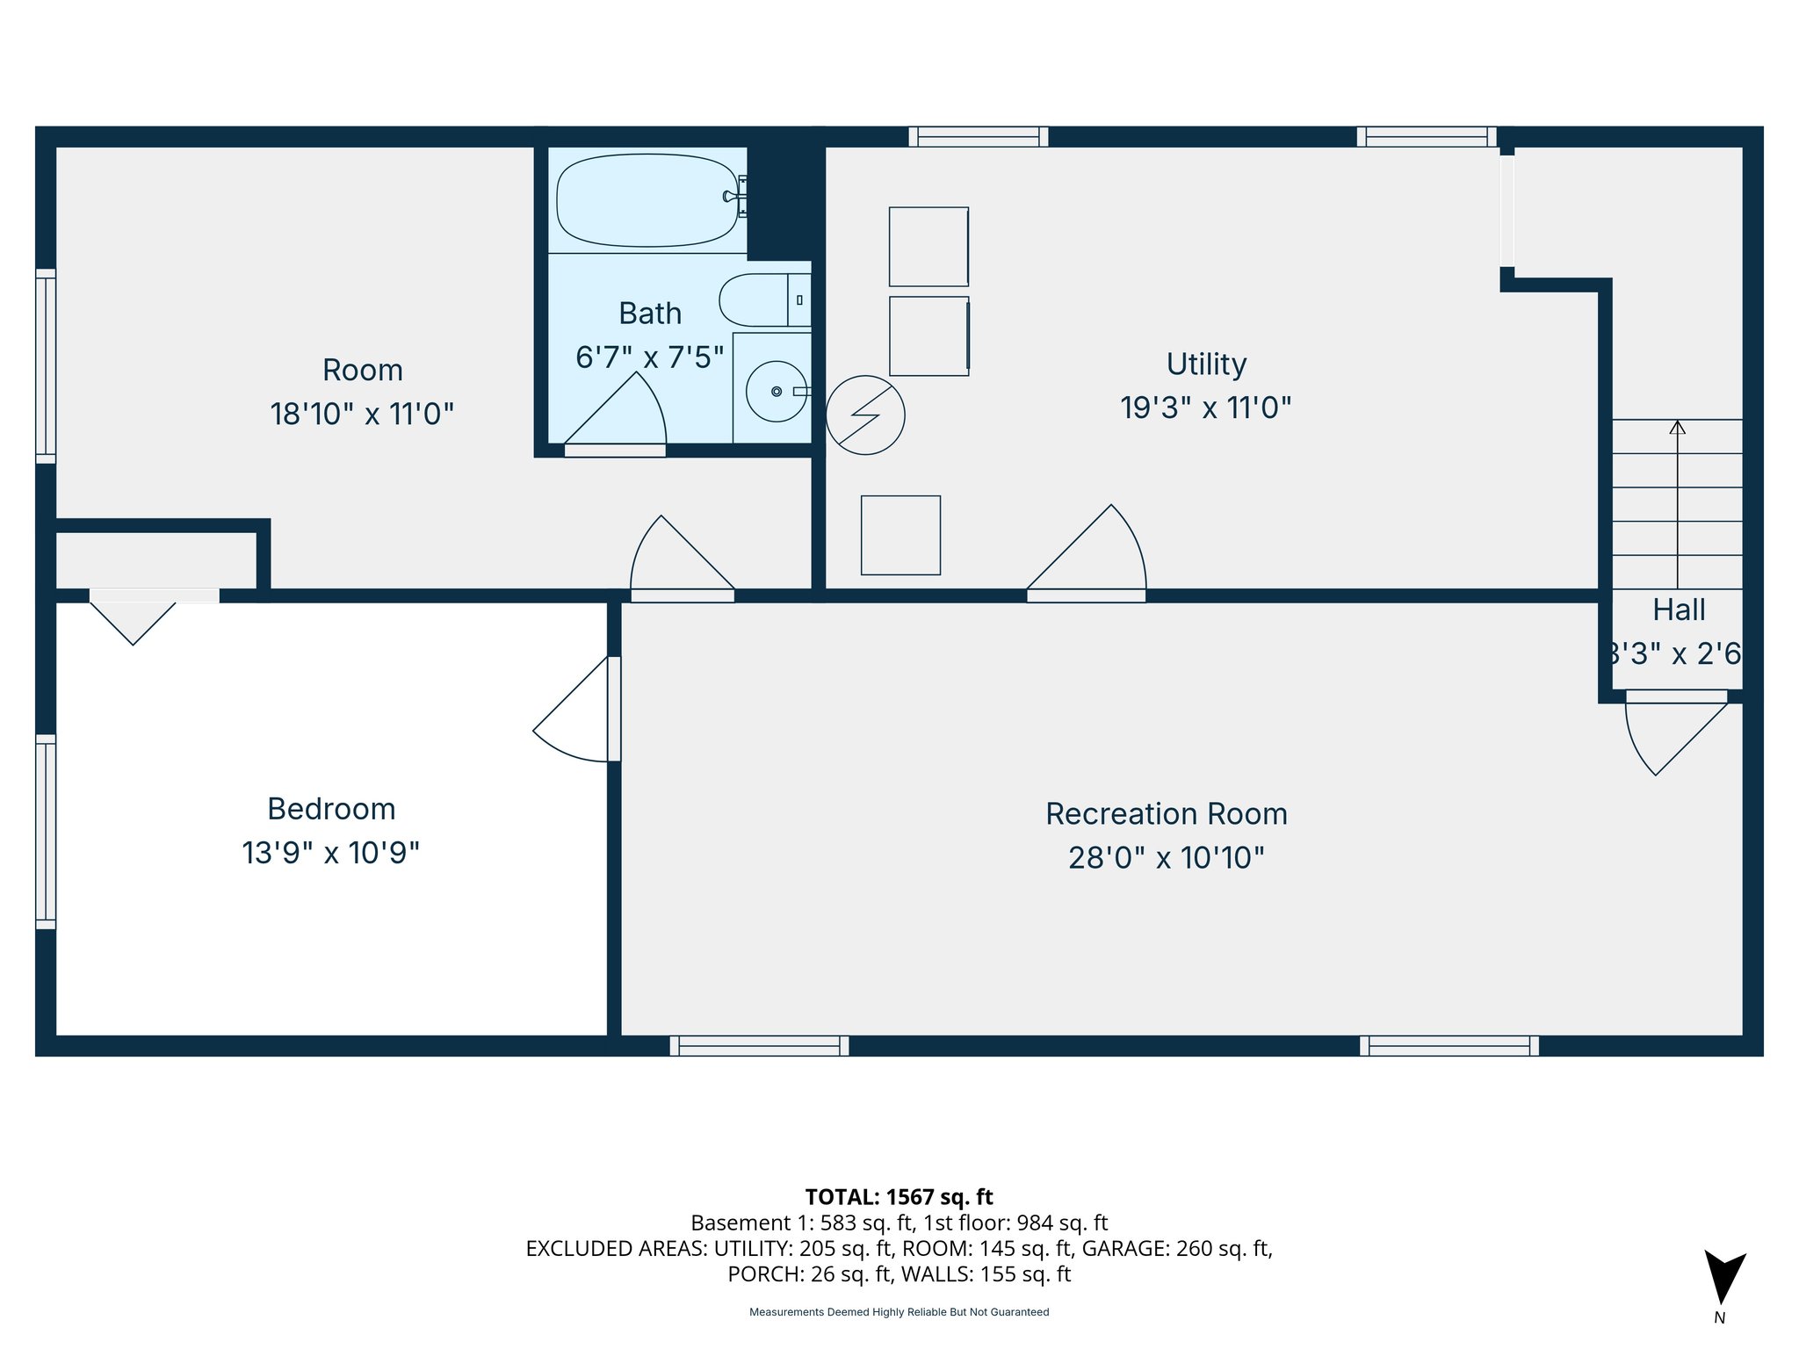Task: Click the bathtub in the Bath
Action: [647, 200]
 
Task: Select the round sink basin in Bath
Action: [776, 391]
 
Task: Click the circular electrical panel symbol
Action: [865, 415]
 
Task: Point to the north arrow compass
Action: [1724, 1278]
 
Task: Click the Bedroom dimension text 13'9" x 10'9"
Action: [330, 853]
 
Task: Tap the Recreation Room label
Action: [1166, 814]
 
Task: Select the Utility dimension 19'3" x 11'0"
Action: [1205, 408]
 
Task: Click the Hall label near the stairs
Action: [1679, 610]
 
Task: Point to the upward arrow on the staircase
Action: [1678, 428]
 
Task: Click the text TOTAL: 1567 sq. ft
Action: [899, 1197]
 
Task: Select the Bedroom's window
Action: [46, 831]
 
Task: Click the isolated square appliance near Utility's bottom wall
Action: [900, 535]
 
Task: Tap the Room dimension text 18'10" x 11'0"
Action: [362, 414]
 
